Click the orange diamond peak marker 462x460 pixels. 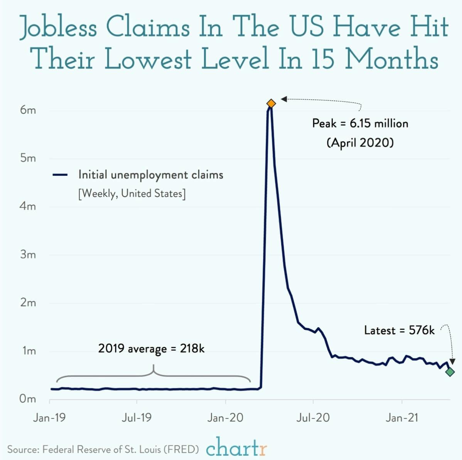(x=271, y=104)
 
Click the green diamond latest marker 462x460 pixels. (x=450, y=372)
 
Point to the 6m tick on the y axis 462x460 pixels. (x=28, y=110)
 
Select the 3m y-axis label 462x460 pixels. (x=28, y=255)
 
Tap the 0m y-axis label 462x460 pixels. (x=28, y=399)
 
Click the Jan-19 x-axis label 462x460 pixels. (x=49, y=418)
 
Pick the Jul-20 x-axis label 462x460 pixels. (x=313, y=418)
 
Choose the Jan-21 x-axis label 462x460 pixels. (x=401, y=418)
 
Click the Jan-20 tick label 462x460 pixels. (x=225, y=418)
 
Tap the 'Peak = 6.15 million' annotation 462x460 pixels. (x=360, y=124)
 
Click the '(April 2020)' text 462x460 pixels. (x=360, y=143)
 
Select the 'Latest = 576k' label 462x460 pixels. (x=399, y=330)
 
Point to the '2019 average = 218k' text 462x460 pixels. (x=151, y=349)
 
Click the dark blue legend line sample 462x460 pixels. (x=61, y=175)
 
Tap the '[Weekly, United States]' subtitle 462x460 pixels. (x=132, y=193)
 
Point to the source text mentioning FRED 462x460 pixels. (x=103, y=449)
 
